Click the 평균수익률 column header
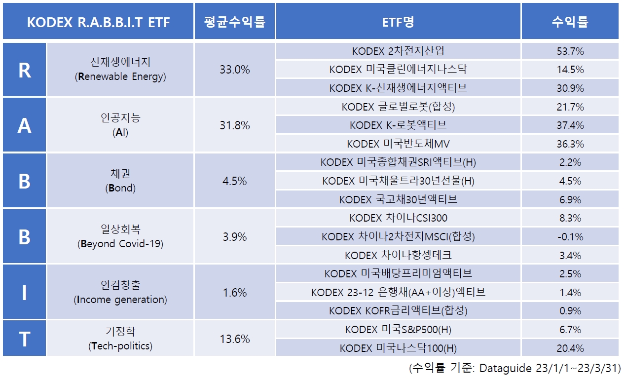click(x=235, y=22)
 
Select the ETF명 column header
click(x=398, y=22)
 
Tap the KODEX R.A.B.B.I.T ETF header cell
click(x=98, y=22)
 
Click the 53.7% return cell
click(x=570, y=51)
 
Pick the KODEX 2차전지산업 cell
click(x=398, y=51)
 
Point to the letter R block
click(x=25, y=70)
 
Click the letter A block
click(x=25, y=125)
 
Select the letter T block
click(x=25, y=339)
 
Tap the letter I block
click(x=25, y=292)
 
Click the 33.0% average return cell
click(x=235, y=70)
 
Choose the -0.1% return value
click(x=570, y=236)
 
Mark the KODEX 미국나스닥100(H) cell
click(x=398, y=348)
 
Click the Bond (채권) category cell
click(x=120, y=181)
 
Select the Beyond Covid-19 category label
click(x=120, y=244)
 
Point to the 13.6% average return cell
click(x=235, y=339)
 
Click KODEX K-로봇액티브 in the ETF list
click(x=398, y=125)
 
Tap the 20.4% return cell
click(x=570, y=348)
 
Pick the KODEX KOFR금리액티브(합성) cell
click(x=398, y=311)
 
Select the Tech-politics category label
click(x=120, y=346)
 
